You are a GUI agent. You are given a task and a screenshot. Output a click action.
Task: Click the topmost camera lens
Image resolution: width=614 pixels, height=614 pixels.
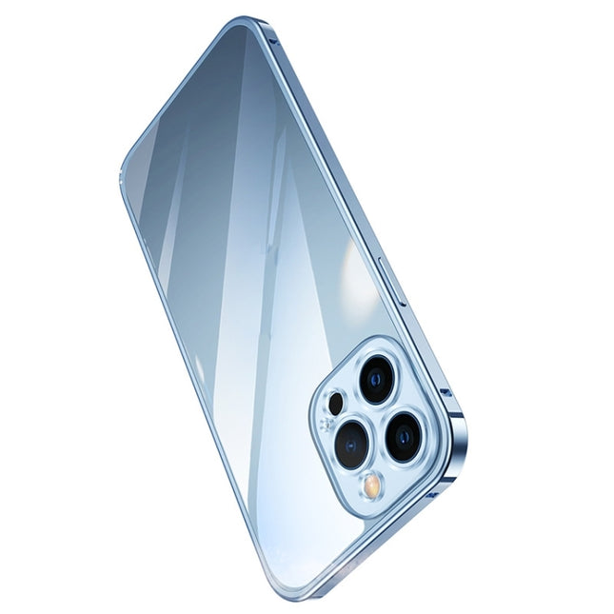[377, 379]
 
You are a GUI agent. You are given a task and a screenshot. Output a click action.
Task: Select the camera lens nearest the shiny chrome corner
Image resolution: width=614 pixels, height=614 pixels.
[405, 437]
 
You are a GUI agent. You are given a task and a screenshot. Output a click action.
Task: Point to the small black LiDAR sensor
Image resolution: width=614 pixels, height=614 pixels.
[334, 403]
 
